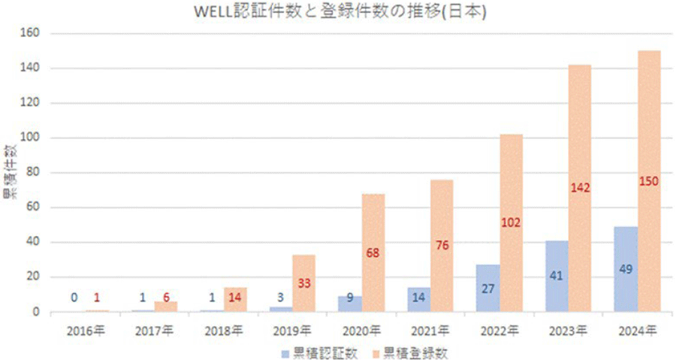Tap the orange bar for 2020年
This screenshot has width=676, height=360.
click(x=373, y=225)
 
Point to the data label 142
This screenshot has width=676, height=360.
click(x=580, y=188)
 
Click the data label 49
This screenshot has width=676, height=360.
click(x=625, y=268)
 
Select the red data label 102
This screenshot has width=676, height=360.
click(x=511, y=222)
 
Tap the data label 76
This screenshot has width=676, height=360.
click(x=442, y=244)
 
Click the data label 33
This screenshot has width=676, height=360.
click(x=303, y=283)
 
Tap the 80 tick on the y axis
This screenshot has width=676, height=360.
click(x=32, y=173)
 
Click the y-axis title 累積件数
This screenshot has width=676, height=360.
click(x=9, y=173)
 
